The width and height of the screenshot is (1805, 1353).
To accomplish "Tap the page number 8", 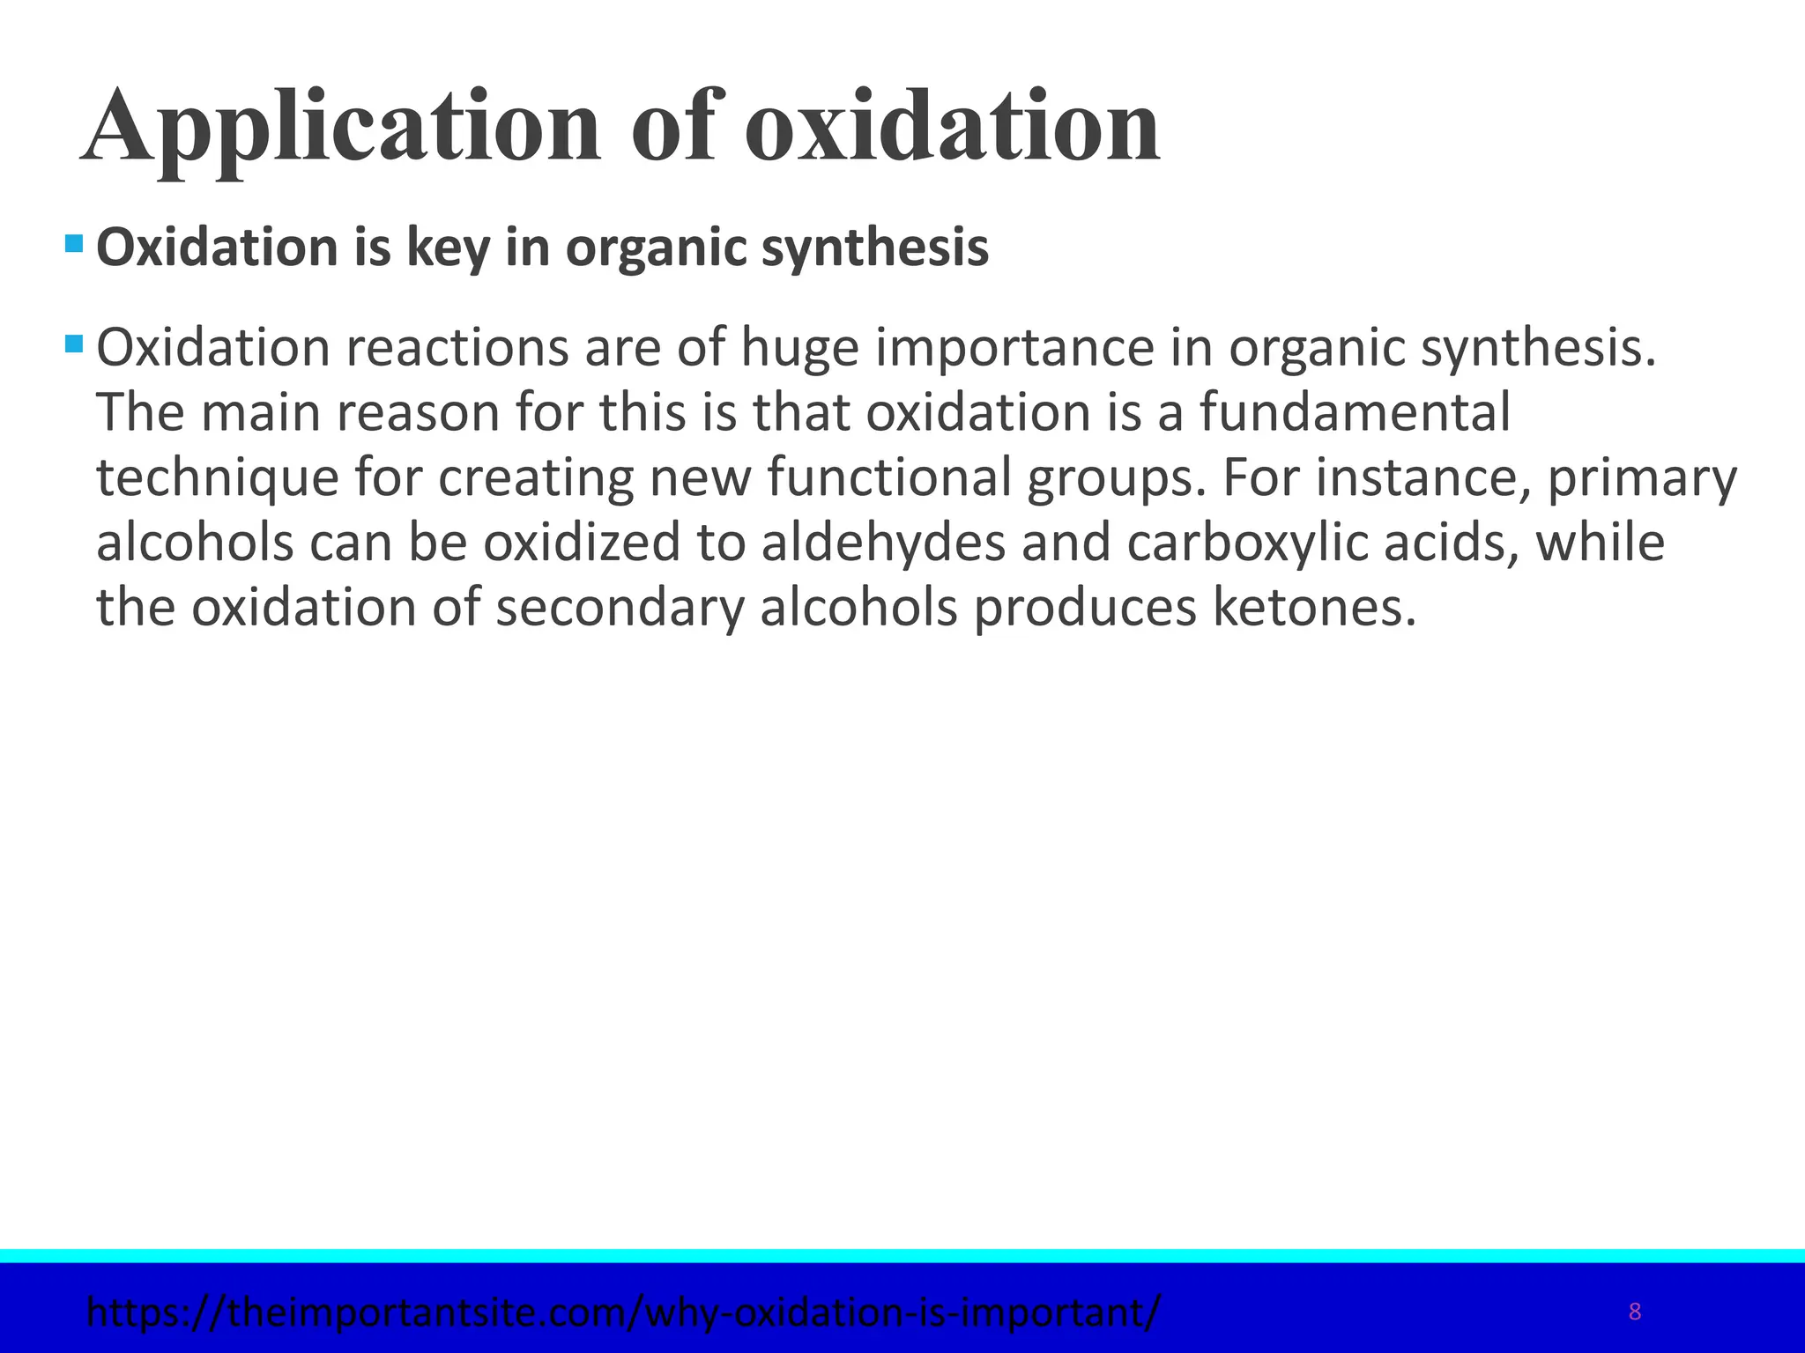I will pyautogui.click(x=1634, y=1312).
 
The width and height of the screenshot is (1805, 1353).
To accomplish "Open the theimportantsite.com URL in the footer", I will pyautogui.click(x=624, y=1312).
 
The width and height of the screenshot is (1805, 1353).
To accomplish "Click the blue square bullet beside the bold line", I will pyautogui.click(x=74, y=241).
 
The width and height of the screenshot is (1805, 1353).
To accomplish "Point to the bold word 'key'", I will pyautogui.click(x=447, y=248).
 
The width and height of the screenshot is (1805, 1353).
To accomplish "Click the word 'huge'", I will pyautogui.click(x=799, y=348).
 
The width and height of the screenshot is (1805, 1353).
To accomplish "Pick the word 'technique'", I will pyautogui.click(x=218, y=477).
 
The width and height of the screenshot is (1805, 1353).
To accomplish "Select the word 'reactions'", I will pyautogui.click(x=457, y=348).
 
